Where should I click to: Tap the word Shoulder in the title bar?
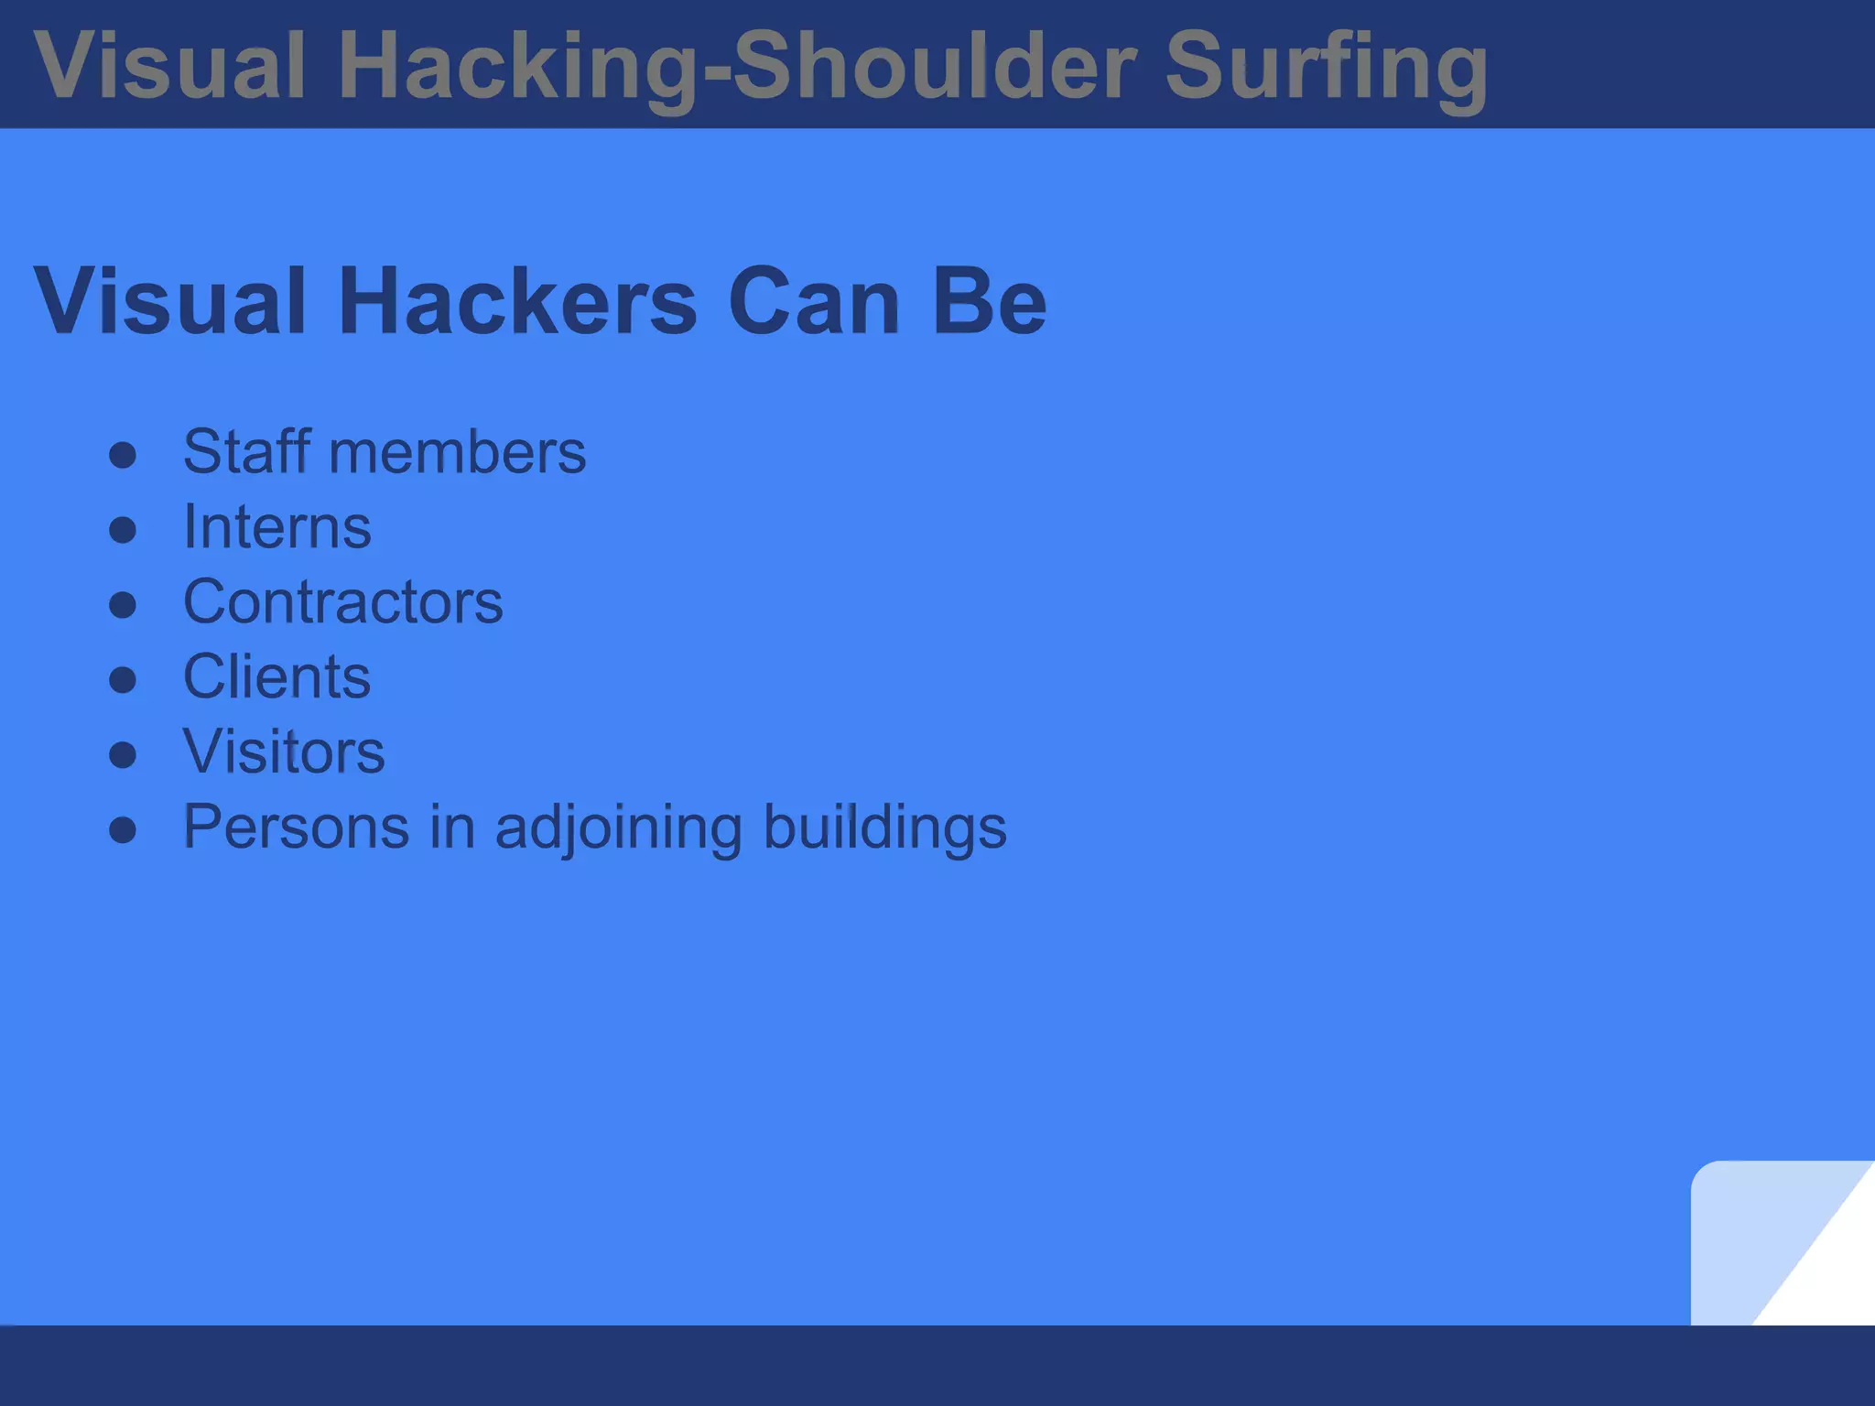tap(934, 66)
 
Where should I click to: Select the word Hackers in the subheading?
tap(517, 302)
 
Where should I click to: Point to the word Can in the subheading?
tap(814, 302)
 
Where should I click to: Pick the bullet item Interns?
tap(276, 527)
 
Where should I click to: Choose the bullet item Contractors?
tap(342, 602)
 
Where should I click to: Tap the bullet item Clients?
tap(276, 677)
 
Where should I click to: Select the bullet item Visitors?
tap(284, 752)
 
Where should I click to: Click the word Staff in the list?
tap(246, 452)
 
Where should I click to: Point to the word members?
tap(457, 452)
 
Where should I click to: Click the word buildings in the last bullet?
tap(884, 827)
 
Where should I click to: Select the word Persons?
tap(296, 827)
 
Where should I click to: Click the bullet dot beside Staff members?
tap(123, 456)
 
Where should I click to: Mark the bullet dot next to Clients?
tap(123, 680)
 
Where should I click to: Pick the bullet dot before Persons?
tap(123, 830)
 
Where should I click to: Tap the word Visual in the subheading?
tap(169, 302)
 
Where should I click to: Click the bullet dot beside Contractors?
tap(123, 605)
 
